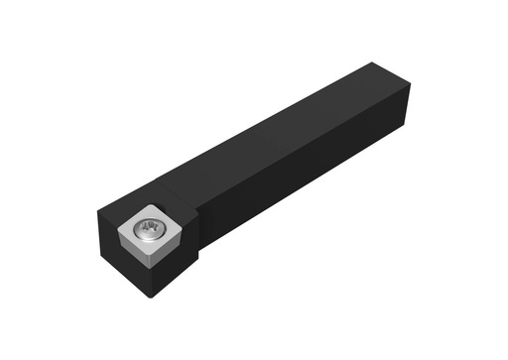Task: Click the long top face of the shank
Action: [x=288, y=134]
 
